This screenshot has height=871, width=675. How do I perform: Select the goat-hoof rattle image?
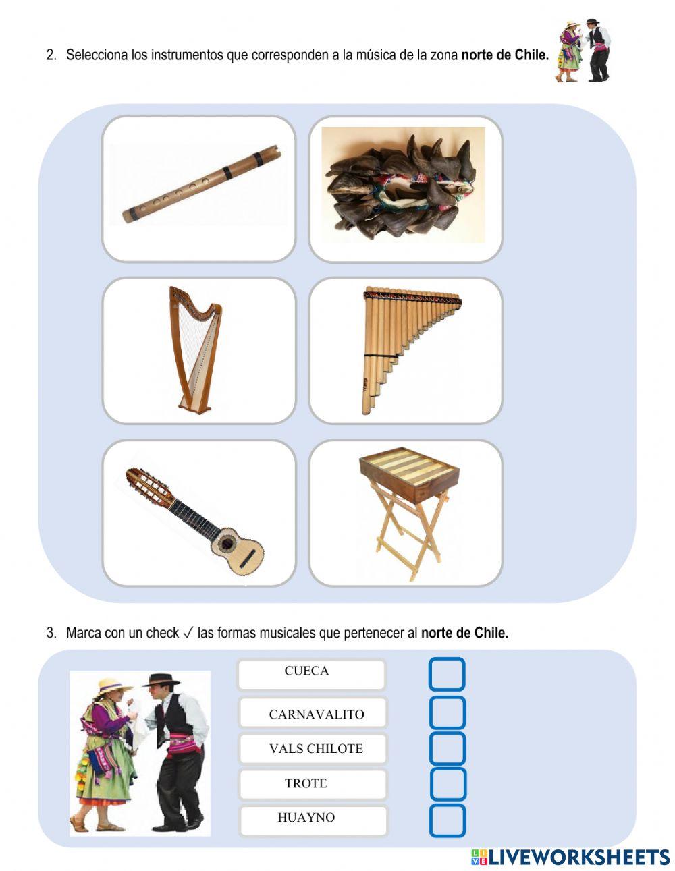tap(403, 186)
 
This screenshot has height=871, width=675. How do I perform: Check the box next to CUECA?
tap(447, 674)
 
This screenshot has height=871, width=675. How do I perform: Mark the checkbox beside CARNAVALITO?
tap(447, 712)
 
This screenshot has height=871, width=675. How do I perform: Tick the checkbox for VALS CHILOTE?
tap(447, 748)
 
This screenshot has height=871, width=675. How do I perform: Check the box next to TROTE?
tap(447, 784)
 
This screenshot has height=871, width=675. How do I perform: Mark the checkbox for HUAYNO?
tap(447, 820)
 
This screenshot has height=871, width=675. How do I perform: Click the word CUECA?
tap(306, 671)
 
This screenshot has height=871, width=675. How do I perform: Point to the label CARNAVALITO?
tap(316, 714)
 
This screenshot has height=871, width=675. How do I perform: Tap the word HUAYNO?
tap(306, 818)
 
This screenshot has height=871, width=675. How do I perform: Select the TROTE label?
tap(306, 783)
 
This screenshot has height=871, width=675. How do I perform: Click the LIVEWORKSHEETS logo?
tap(570, 857)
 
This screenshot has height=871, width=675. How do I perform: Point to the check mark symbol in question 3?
tap(188, 633)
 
